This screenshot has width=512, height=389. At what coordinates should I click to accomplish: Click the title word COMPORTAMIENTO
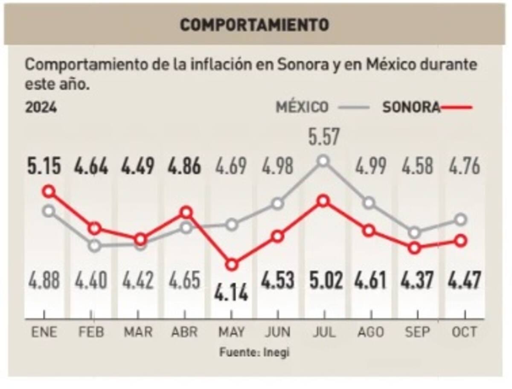254,25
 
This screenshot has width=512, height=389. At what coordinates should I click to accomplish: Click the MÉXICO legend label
302,107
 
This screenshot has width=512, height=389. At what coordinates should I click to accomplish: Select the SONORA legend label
411,107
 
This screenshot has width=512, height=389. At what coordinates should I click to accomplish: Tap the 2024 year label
41,107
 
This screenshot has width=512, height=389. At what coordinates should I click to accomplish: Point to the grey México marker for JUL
323,161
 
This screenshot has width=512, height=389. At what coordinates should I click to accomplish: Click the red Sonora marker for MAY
232,265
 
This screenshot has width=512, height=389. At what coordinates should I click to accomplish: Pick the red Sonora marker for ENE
49,191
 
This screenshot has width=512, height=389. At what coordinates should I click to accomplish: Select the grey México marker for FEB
95,246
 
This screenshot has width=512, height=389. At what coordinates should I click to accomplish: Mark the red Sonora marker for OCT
460,241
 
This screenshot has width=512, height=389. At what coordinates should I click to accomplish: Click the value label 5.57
323,138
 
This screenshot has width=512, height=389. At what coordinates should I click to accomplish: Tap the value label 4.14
231,295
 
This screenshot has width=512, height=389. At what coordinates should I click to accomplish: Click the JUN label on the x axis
277,332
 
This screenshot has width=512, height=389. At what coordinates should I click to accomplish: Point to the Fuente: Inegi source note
255,353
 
